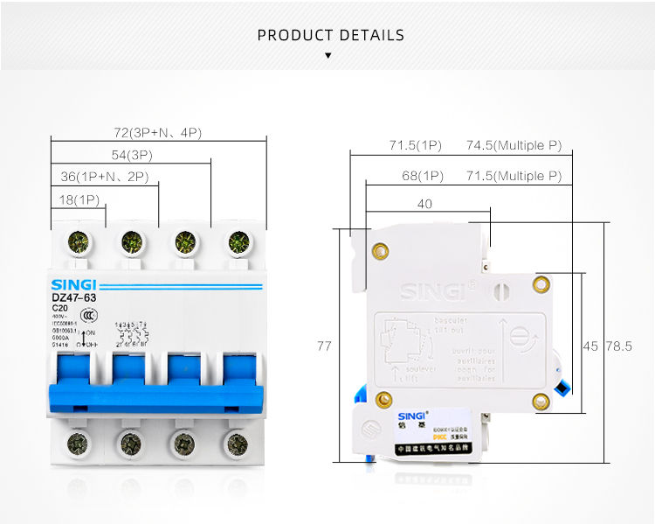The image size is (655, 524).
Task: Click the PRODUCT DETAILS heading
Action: pos(330,36)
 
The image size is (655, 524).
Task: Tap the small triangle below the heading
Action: pos(328,55)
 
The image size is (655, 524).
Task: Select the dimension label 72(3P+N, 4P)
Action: pos(158,133)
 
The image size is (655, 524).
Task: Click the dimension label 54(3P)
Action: pos(131,155)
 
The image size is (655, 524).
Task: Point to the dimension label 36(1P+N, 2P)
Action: pos(105,177)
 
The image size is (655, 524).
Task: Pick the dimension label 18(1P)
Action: pos(79,199)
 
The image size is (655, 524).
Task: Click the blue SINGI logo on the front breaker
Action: pos(73,284)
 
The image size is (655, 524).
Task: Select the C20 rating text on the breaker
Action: pos(60,308)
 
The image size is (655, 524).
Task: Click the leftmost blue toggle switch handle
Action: pos(79,381)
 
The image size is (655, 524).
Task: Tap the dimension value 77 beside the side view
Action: pos(324,346)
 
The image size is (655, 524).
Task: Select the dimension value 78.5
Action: pos(618,346)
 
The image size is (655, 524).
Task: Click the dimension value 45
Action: pos(590,346)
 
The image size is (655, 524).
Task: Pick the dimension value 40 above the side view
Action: pos(425,204)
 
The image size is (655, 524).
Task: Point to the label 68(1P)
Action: pos(423,177)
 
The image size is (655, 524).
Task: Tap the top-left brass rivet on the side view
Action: pos(380,251)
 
